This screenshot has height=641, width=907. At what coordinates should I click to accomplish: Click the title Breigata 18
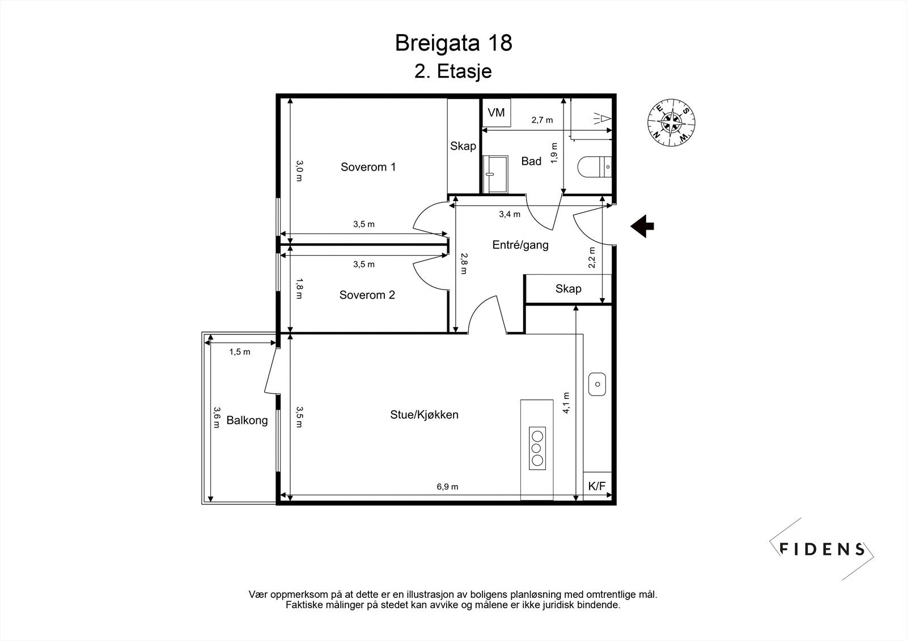pyautogui.click(x=453, y=43)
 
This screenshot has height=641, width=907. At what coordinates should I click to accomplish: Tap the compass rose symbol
pyautogui.click(x=671, y=122)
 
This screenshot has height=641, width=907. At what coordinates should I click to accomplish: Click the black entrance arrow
pyautogui.click(x=642, y=226)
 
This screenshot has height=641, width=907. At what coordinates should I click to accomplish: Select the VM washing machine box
pyautogui.click(x=496, y=112)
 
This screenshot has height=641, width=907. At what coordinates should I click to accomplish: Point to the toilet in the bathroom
pyautogui.click(x=595, y=167)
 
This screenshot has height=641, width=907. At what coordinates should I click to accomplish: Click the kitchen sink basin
pyautogui.click(x=597, y=384)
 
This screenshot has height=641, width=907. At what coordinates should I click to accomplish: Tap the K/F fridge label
pyautogui.click(x=597, y=486)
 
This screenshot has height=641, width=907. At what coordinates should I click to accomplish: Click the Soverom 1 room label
pyautogui.click(x=368, y=167)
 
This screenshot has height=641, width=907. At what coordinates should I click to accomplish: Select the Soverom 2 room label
pyautogui.click(x=367, y=295)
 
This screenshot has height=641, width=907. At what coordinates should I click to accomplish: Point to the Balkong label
pyautogui.click(x=247, y=421)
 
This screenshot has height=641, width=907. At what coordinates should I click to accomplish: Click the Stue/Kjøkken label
pyautogui.click(x=424, y=415)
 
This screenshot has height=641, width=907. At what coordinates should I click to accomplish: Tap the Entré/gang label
pyautogui.click(x=520, y=245)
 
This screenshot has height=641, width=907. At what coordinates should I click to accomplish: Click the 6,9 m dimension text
pyautogui.click(x=447, y=487)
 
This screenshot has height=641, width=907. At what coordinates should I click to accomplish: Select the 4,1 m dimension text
pyautogui.click(x=566, y=403)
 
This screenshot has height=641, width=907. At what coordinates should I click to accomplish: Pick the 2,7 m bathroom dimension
pyautogui.click(x=542, y=120)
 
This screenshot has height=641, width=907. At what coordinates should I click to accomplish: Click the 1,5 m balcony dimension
pyautogui.click(x=240, y=352)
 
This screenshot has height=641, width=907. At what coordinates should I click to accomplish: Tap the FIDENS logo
pyautogui.click(x=821, y=549)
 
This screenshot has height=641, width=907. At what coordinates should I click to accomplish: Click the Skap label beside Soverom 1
pyautogui.click(x=463, y=146)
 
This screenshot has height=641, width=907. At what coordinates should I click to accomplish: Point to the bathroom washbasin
pyautogui.click(x=495, y=174)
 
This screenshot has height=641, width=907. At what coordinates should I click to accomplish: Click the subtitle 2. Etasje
pyautogui.click(x=453, y=71)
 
